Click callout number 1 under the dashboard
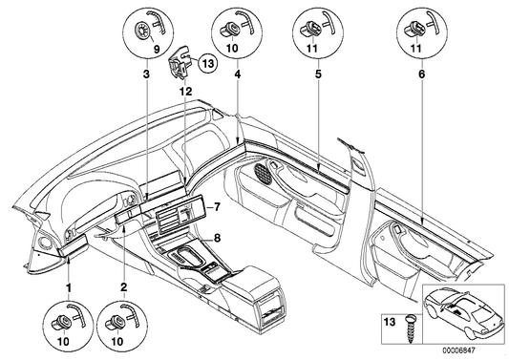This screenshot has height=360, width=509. coord(68,286)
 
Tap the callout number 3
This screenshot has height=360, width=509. coord(145,73)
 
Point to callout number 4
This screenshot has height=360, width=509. coord(236,73)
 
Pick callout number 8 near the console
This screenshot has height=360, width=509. coord(218,238)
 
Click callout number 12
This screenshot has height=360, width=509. coord(179,90)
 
